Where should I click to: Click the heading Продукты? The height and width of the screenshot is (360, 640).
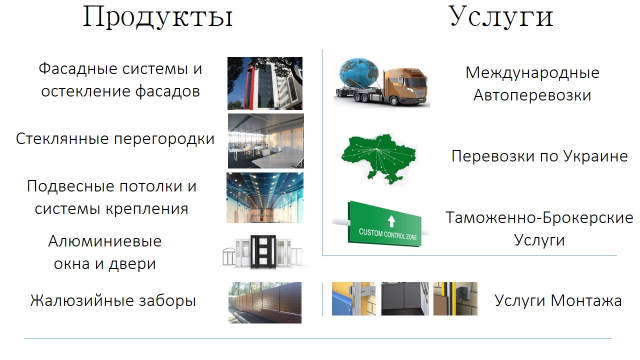pos(157,16)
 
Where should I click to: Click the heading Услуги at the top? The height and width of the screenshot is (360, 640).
pos(501,16)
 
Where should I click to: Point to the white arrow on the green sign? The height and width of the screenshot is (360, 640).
pos(391,220)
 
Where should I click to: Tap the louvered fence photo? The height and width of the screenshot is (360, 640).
pos(265,302)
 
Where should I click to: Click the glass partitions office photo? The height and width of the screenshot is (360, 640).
pos(265,141)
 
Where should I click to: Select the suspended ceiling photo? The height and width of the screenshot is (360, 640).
pos(265,197)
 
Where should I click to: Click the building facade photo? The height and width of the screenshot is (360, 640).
pos(265,83)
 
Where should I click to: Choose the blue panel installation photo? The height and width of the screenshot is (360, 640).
pos(353,298)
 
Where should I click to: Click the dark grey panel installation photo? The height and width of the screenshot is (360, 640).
pos(404,298)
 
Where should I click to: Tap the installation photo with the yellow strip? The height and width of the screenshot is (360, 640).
pos(455,298)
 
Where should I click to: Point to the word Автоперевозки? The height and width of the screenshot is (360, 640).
pos(532,95)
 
